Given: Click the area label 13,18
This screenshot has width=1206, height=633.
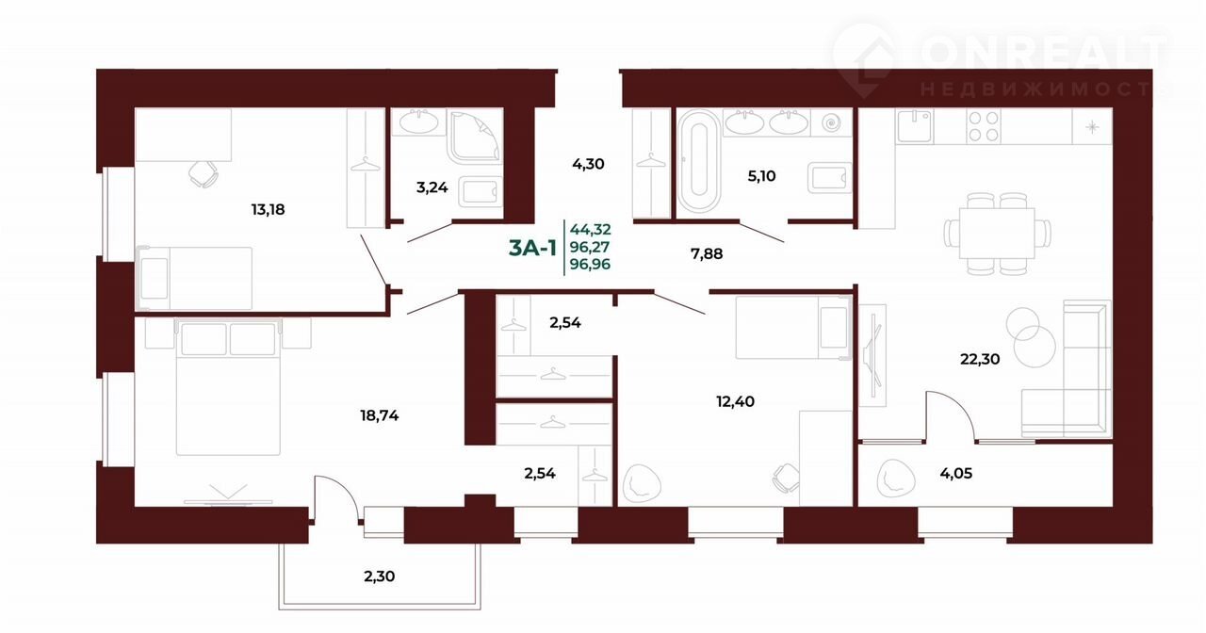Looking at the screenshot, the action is [x=268, y=209].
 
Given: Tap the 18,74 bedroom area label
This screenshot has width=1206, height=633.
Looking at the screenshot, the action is [x=380, y=415].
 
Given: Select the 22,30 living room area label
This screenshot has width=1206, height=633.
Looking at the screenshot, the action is [x=980, y=359].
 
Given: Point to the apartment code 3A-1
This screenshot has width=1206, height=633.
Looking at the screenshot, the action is [x=532, y=248].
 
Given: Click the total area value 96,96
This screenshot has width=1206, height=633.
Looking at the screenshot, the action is [x=590, y=265].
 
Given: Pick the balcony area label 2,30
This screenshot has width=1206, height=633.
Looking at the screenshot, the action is [x=379, y=576].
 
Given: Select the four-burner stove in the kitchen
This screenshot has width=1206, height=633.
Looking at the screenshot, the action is [x=983, y=126].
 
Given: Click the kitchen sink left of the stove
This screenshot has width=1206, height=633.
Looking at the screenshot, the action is [x=915, y=126].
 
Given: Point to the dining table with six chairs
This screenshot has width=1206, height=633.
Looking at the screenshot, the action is [x=997, y=235].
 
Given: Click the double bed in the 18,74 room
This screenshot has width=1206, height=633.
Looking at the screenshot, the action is [x=228, y=387].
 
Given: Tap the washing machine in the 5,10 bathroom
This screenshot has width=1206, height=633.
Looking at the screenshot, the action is [x=832, y=123].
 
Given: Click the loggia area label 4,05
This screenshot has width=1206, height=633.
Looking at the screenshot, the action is [x=956, y=474].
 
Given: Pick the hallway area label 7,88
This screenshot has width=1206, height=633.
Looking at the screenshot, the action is [x=707, y=253].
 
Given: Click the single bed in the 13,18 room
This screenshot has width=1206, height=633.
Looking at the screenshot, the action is [x=195, y=278].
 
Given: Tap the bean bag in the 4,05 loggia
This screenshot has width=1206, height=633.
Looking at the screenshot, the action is [x=896, y=478].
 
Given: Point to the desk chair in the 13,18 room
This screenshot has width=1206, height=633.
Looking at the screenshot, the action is [x=203, y=173].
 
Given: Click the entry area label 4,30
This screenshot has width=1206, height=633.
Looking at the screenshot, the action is [x=588, y=164].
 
